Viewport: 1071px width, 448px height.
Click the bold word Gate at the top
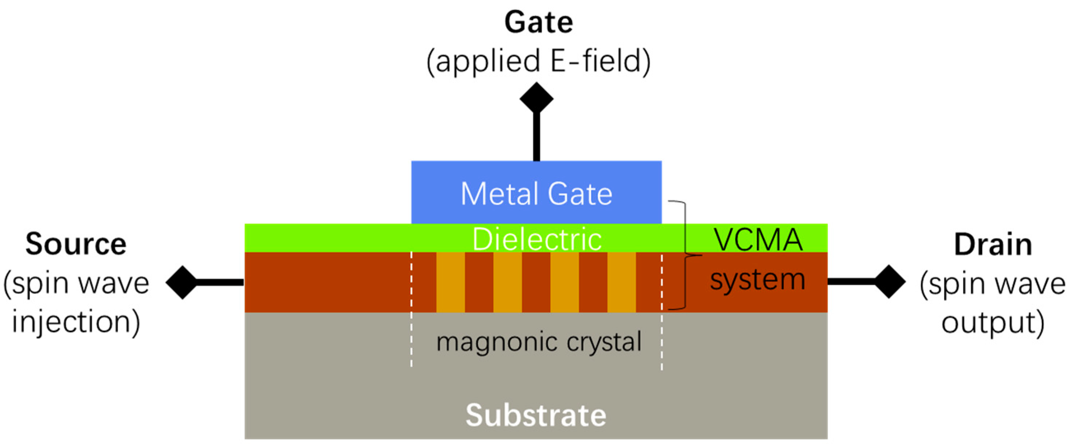point(538,23)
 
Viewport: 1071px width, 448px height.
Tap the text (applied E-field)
point(538,61)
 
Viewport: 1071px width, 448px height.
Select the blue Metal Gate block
point(536,193)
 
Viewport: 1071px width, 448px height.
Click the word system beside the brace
point(757,280)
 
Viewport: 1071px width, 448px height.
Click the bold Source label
point(76,244)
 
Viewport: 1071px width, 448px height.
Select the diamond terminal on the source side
point(182,282)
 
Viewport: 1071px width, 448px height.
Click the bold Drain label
point(993,245)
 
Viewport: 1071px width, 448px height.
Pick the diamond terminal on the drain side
point(889,281)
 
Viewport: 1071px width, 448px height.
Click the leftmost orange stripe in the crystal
point(450,282)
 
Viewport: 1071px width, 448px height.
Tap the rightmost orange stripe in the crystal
point(621,282)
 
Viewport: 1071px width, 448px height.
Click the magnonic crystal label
point(538,342)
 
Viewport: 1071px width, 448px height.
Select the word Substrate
point(536,415)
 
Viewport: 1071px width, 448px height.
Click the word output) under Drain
point(993,323)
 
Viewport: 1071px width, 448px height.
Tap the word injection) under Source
point(76,322)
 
